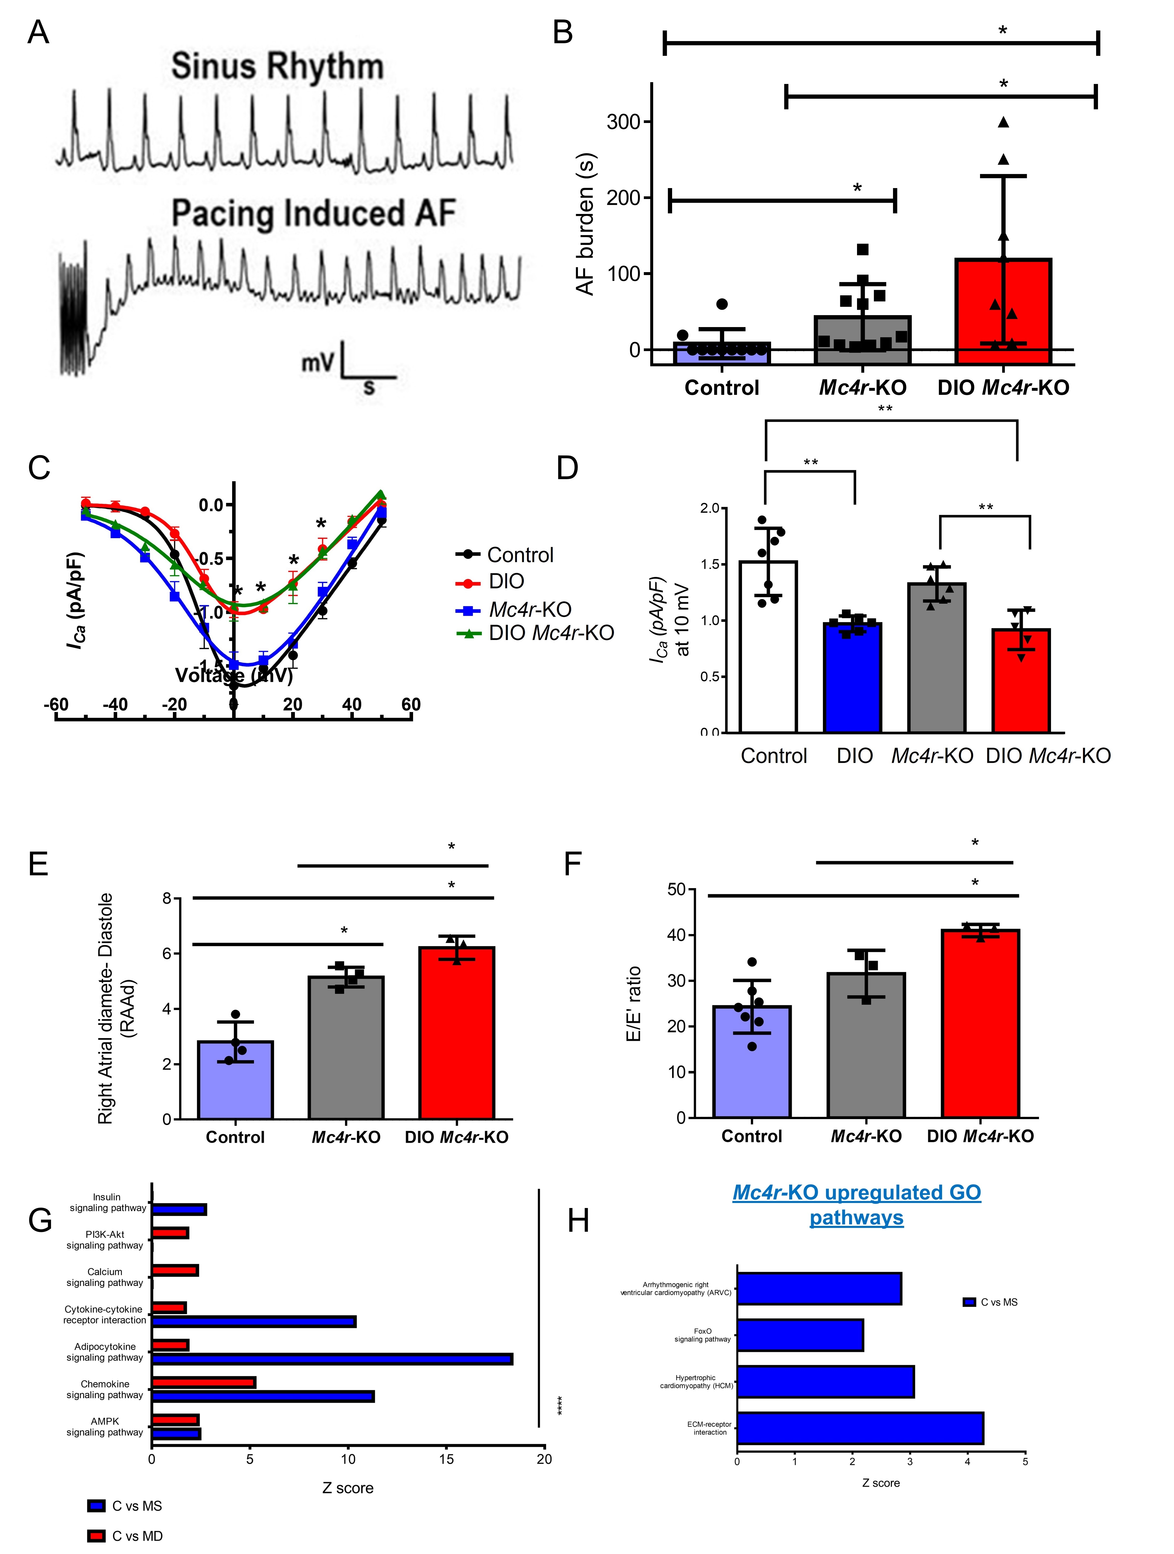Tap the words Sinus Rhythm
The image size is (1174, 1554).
[277, 67]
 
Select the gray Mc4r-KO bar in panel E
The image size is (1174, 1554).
[346, 1047]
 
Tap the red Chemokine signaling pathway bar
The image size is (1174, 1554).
[204, 1382]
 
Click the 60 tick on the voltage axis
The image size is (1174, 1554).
[411, 705]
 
